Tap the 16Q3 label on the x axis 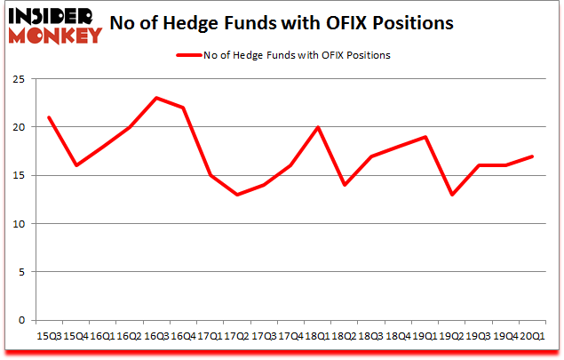pyautogui.click(x=155, y=335)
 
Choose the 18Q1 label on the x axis pyautogui.click(x=317, y=335)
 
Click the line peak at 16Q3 pyautogui.click(x=155, y=98)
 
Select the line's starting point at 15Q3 pyautogui.click(x=48, y=117)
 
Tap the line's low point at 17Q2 pyautogui.click(x=236, y=195)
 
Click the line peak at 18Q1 pyautogui.click(x=317, y=127)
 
